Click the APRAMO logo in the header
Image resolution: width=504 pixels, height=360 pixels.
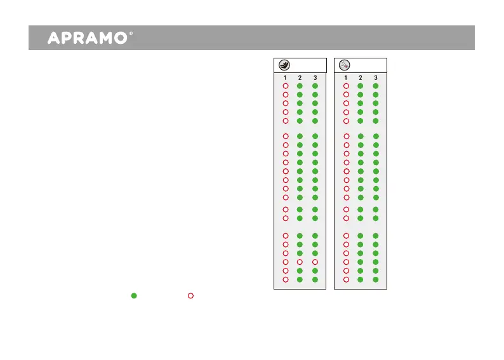coord(88,38)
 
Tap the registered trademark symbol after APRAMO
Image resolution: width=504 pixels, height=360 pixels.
coord(130,34)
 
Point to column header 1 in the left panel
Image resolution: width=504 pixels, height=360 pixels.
coord(286,77)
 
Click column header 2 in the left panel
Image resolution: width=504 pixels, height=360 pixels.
coord(300,77)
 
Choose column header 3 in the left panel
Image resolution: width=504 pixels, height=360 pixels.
coord(315,77)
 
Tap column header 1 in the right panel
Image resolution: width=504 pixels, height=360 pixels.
coord(346,77)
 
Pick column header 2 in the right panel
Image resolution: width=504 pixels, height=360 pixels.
coord(361,77)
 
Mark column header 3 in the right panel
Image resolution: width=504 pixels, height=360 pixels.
coord(375,77)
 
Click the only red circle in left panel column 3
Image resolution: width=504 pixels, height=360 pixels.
coord(315,262)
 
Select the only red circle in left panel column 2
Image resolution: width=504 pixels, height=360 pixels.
coord(300,262)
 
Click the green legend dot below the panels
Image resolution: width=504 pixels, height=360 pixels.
coord(134,295)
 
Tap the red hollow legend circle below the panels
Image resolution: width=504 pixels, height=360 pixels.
coord(190,295)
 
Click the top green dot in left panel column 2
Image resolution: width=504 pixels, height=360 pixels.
coord(300,86)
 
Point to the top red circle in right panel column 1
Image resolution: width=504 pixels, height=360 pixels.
coord(346,86)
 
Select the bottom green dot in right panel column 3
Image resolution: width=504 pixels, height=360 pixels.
coord(375,279)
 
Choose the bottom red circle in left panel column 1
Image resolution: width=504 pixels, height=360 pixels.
coord(286,279)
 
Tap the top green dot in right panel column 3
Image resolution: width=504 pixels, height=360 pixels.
coord(375,86)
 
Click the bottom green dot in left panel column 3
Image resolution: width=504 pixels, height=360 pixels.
coord(315,279)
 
